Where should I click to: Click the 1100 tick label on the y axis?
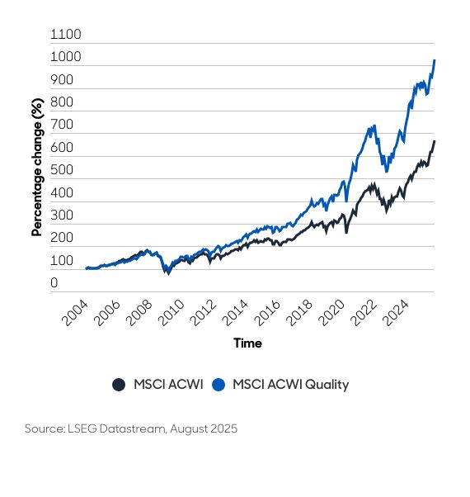pyautogui.click(x=66, y=35)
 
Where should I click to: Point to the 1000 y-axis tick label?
pyautogui.click(x=66, y=58)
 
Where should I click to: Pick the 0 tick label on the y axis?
pyautogui.click(x=54, y=283)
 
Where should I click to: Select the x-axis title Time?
pyautogui.click(x=247, y=343)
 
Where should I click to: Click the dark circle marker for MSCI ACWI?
pyautogui.click(x=119, y=384)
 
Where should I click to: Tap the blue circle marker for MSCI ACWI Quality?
pyautogui.click(x=219, y=384)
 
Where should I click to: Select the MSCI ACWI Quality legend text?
pyautogui.click(x=290, y=384)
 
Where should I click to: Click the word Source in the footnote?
pyautogui.click(x=45, y=429)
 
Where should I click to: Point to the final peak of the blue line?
pyautogui.click(x=435, y=60)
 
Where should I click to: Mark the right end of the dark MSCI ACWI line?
pyautogui.click(x=435, y=141)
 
